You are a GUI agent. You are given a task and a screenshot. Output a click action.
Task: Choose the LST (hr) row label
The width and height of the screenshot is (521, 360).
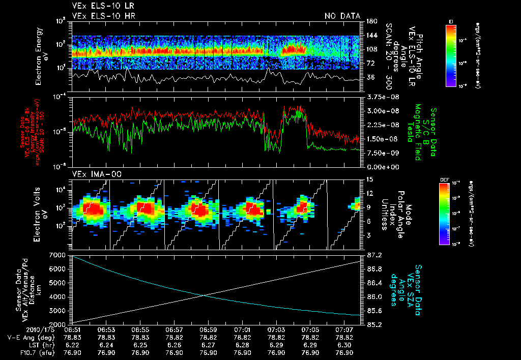(37, 345)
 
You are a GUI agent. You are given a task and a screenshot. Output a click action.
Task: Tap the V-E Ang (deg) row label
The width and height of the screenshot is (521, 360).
(29, 337)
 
